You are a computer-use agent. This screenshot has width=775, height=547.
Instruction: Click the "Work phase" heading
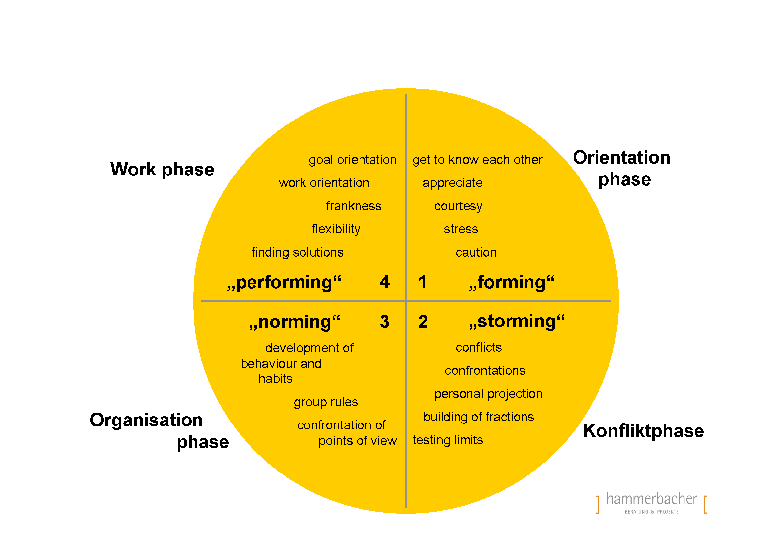[162, 170]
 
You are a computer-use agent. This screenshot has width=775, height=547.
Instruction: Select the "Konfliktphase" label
[643, 431]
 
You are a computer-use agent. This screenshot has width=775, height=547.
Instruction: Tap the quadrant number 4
[384, 282]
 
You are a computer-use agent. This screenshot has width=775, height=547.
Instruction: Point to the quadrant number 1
[423, 282]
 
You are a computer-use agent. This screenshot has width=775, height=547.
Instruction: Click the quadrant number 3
[384, 322]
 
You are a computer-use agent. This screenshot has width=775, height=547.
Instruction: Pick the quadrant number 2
[423, 322]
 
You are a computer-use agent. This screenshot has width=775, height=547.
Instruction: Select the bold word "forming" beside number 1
[512, 282]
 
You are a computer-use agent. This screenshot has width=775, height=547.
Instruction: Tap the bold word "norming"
[295, 322]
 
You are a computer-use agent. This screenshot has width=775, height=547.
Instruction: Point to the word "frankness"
[354, 206]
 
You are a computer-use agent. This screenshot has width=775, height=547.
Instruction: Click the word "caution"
[476, 253]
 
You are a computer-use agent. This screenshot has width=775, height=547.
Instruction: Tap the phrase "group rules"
[326, 402]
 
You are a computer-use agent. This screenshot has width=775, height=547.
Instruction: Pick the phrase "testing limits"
[448, 440]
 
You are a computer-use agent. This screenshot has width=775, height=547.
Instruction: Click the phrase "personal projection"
[488, 394]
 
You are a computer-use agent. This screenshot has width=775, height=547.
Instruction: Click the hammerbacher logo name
[651, 499]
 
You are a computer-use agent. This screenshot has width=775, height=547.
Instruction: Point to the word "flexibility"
[336, 229]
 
